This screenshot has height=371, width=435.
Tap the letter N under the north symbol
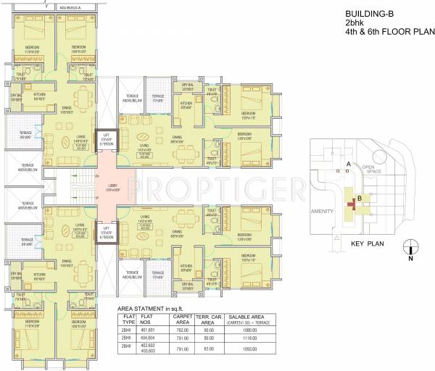click(x=410, y=257)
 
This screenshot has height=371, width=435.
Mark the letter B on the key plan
click(x=358, y=198)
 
